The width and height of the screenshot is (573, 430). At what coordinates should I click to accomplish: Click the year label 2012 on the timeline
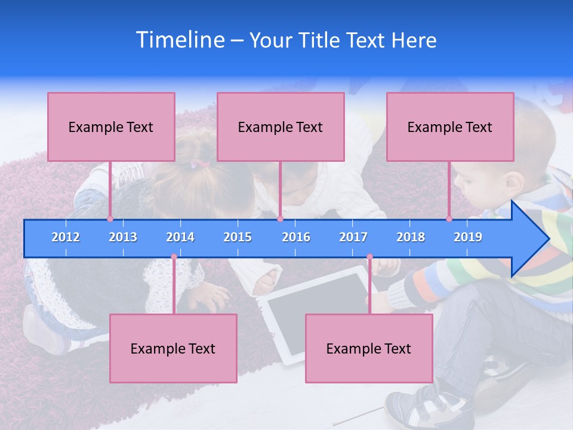[x=66, y=237]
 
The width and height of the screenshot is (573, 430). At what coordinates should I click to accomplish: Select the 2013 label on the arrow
[x=123, y=237]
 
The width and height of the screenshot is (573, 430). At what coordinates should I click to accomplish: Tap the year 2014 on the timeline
[x=180, y=237]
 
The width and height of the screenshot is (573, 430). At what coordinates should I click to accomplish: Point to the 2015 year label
[x=238, y=237]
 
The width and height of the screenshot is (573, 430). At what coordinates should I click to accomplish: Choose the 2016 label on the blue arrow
[x=296, y=237]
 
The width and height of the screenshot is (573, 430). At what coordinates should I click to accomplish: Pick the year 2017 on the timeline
[x=353, y=237]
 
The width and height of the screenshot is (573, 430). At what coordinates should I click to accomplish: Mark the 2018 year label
[x=411, y=237]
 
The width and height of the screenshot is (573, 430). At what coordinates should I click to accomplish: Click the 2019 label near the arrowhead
[x=468, y=237]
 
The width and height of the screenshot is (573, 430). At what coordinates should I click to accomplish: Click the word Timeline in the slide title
[x=180, y=40]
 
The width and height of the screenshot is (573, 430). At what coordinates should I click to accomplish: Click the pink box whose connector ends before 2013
[x=111, y=127]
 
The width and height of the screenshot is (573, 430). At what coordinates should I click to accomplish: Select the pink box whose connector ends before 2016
[x=281, y=127]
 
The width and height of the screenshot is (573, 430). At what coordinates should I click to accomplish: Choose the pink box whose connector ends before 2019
[x=450, y=127]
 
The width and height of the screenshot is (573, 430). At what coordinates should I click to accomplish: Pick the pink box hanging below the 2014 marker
[x=173, y=348]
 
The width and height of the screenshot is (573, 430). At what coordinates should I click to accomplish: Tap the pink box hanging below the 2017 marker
[x=369, y=348]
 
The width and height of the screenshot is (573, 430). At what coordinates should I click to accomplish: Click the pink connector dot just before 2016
[x=280, y=219]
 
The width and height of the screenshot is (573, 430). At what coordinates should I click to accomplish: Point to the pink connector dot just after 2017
[x=369, y=257]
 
